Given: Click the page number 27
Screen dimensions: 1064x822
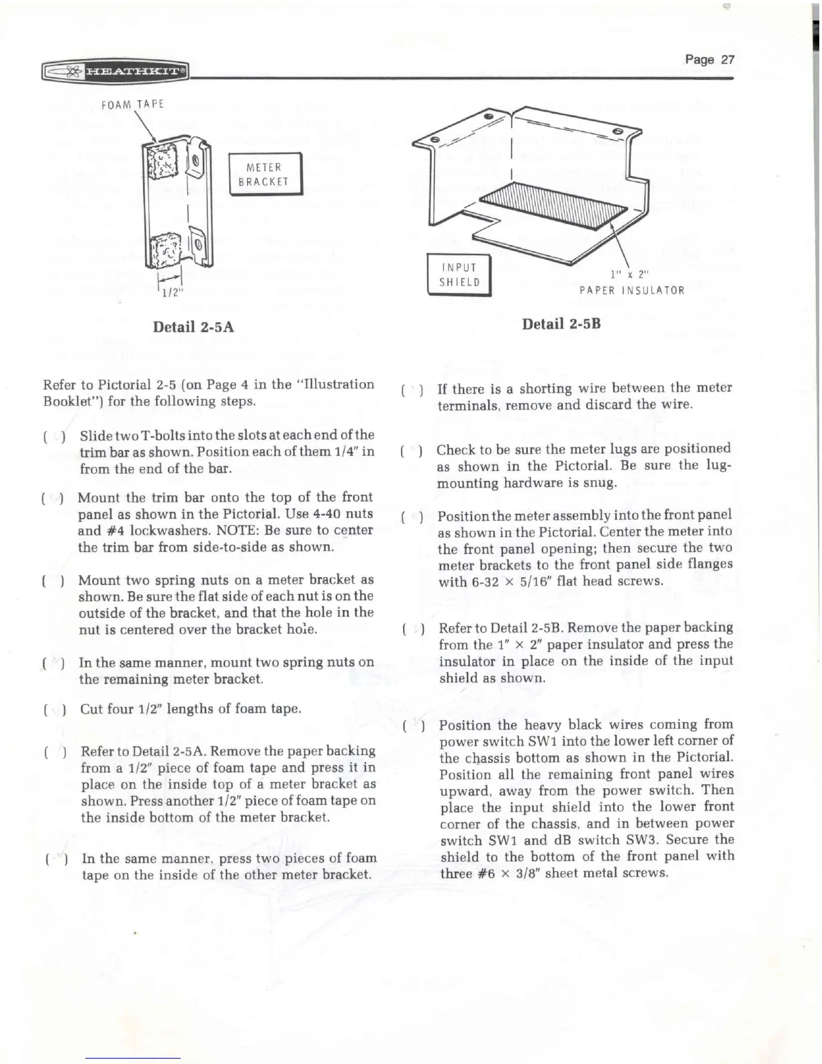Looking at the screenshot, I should (711, 59).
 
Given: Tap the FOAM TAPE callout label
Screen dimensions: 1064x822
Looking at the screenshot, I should (132, 104).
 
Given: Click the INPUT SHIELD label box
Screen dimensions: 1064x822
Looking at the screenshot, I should (460, 275).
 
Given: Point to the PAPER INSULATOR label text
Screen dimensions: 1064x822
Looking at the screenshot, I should (632, 290).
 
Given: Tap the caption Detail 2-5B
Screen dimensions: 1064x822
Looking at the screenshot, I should (561, 324).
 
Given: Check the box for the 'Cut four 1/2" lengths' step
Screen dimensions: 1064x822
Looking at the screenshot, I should (54, 709).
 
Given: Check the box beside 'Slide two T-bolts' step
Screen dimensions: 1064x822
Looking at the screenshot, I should (53, 436).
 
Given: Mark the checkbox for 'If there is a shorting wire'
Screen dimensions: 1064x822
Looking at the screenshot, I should (410, 389).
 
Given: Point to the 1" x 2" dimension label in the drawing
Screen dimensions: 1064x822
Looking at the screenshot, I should (629, 274).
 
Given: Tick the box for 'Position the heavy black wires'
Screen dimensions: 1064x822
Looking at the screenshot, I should (412, 725).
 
